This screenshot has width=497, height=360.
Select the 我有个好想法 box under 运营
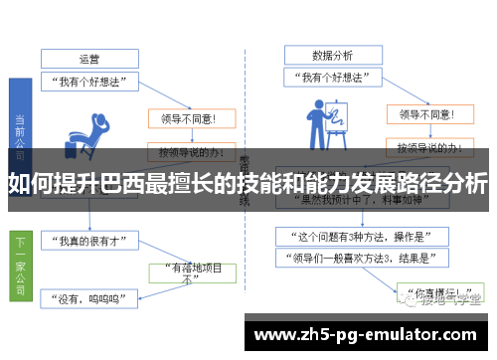click(x=88, y=82)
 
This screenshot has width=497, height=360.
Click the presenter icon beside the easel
click(x=325, y=124)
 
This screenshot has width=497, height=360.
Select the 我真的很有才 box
click(x=90, y=242)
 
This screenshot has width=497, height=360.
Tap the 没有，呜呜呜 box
click(x=90, y=295)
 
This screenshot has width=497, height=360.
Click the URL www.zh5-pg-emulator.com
click(x=372, y=333)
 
